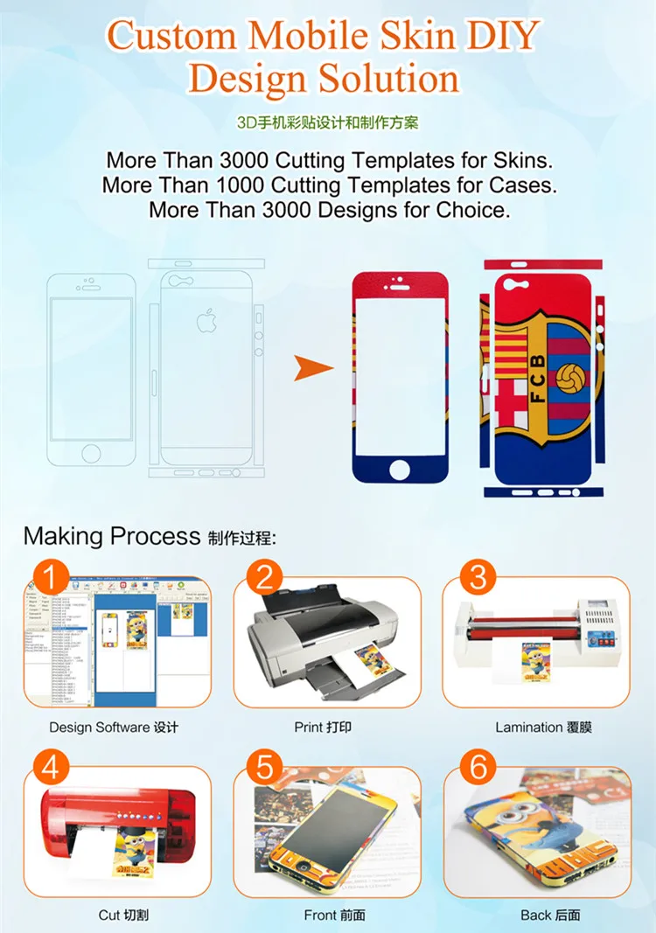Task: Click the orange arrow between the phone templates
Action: click(313, 368)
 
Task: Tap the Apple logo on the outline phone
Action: click(206, 322)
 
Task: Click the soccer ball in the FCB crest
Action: click(573, 377)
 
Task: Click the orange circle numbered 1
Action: click(52, 578)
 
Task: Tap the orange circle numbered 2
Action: click(265, 578)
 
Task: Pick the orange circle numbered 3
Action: click(478, 578)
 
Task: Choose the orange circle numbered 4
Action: click(52, 768)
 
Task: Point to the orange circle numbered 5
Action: click(265, 768)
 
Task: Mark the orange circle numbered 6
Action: click(478, 768)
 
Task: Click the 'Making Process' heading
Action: click(111, 536)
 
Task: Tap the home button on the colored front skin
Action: click(399, 470)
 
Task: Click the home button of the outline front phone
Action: click(91, 452)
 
